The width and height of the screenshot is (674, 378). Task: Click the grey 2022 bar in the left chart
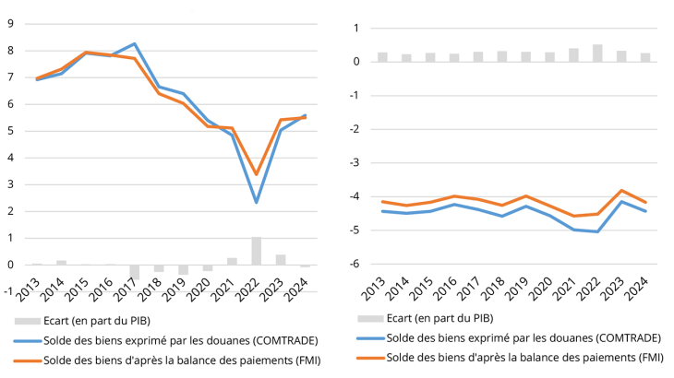pyautogui.click(x=257, y=251)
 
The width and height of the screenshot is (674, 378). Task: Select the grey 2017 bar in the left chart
pyautogui.click(x=135, y=272)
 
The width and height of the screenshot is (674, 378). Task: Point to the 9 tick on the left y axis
pyautogui.click(x=9, y=23)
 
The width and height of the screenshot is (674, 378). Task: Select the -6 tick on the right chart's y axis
pyautogui.click(x=353, y=264)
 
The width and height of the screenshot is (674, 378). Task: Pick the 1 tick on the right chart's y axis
pyautogui.click(x=355, y=28)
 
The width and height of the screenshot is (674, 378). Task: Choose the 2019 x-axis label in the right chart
pyautogui.click(x=525, y=293)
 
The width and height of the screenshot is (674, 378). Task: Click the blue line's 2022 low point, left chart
pyautogui.click(x=257, y=202)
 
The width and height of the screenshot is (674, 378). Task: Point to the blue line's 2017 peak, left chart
pyautogui.click(x=135, y=43)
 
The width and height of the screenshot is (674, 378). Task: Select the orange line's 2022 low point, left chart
pyautogui.click(x=257, y=174)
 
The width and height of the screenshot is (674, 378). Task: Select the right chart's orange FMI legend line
pyautogui.click(x=369, y=357)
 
